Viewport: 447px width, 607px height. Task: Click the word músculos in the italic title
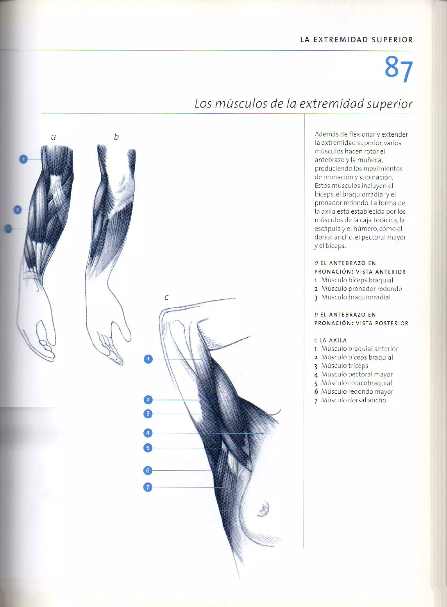point(241,104)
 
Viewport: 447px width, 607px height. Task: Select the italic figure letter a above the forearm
point(53,137)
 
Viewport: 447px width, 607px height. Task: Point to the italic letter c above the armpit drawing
point(166,297)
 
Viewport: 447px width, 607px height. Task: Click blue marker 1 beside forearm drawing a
point(24,159)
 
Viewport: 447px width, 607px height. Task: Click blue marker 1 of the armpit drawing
point(148,359)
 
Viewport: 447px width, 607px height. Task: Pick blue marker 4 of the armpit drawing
point(148,433)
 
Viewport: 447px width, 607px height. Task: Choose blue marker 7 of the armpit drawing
point(148,487)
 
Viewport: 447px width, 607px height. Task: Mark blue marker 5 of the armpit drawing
point(148,448)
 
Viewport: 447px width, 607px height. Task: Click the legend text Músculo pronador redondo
point(361,289)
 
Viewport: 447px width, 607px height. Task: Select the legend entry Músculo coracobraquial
point(356,383)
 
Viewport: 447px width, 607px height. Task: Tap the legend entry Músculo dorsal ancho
point(353,400)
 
